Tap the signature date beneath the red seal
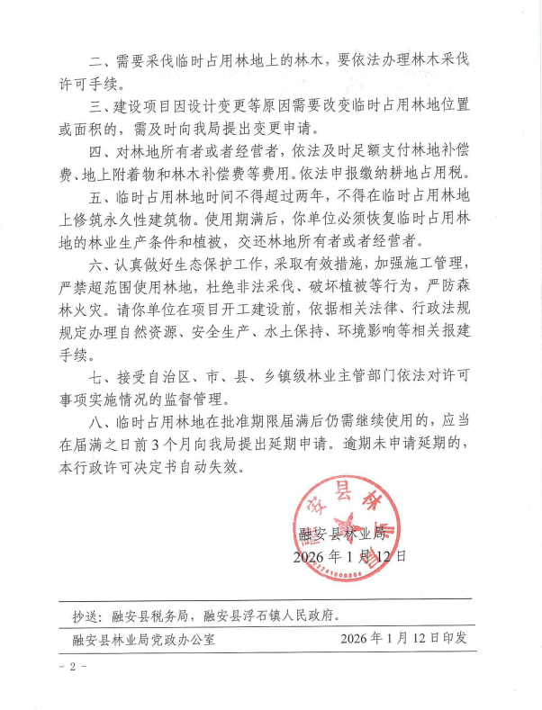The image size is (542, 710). [349, 556]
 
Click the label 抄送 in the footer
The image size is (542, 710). [87, 616]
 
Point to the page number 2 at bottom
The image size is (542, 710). [73, 667]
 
